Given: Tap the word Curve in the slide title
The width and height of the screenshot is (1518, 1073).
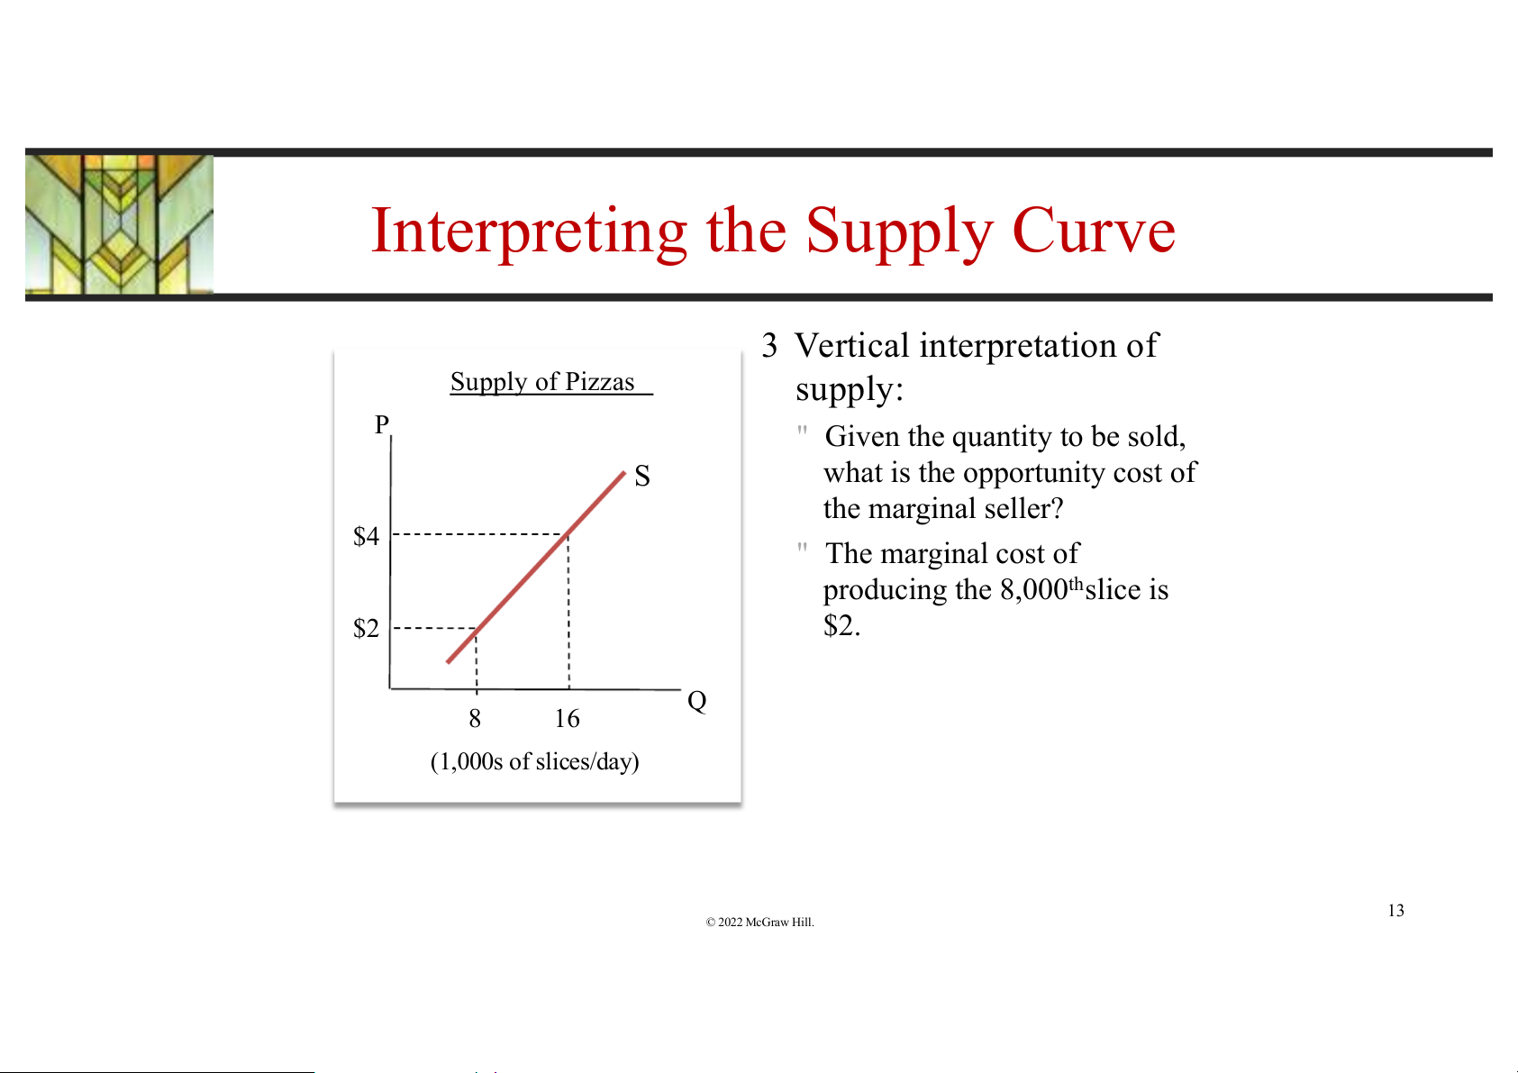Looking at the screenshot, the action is point(1094,231).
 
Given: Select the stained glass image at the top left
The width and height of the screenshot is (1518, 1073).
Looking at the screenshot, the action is point(119,224).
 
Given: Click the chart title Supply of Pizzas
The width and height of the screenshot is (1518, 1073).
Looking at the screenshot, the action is point(543,382).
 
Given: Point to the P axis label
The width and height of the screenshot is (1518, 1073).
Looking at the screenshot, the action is point(382,424).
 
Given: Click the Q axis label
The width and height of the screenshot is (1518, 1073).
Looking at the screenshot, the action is point(697,701).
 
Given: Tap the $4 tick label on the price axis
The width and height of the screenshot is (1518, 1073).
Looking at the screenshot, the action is point(366,535).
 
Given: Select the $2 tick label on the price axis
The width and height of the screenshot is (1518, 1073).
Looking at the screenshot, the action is point(366,628).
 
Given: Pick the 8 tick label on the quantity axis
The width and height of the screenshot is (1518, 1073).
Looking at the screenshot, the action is point(475,719).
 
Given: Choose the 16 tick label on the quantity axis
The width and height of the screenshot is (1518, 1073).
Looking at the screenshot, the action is point(568,719).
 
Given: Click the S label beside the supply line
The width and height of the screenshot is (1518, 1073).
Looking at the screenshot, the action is point(642,476).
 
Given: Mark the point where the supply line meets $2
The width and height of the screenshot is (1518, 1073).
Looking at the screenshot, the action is point(476,628).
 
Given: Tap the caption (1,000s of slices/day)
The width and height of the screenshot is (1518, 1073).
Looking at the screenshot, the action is point(535,761).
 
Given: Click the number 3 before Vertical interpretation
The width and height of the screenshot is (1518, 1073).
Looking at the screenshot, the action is point(769,346).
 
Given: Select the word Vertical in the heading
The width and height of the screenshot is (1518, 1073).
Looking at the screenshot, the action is point(851,346).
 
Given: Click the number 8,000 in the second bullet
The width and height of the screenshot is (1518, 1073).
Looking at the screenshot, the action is point(1034,590).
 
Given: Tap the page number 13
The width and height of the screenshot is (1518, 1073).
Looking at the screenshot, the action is point(1396,910).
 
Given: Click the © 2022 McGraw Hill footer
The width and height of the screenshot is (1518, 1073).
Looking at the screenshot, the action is point(759,922).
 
